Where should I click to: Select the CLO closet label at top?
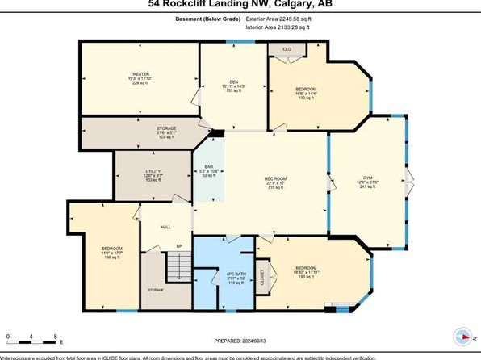(x=287, y=49)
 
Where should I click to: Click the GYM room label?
(x=367, y=180)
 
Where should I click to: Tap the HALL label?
(x=165, y=227)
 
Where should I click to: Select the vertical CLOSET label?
(x=261, y=278)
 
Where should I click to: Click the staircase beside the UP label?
(x=177, y=264)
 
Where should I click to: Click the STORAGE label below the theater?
(x=166, y=128)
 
